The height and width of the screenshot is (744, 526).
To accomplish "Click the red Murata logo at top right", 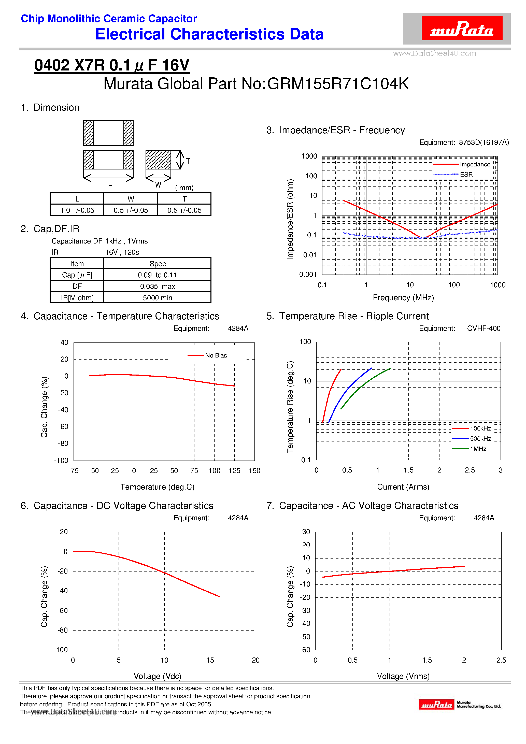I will coord(462,28).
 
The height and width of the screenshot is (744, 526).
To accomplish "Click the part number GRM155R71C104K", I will coord(338,84).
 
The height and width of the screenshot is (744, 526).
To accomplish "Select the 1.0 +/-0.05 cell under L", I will coord(77,210).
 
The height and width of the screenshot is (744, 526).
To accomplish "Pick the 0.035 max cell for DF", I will coord(158,287).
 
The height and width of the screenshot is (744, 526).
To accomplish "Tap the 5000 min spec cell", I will coord(158,298).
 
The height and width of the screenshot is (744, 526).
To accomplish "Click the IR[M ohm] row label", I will coord(77,298).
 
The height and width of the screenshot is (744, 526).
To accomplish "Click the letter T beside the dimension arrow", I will coord(188,161).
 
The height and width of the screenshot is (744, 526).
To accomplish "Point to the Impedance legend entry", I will coord(475,165).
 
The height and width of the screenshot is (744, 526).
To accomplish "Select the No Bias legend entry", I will coord(216,355).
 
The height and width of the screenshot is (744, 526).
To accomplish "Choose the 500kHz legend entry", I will coord(480,439).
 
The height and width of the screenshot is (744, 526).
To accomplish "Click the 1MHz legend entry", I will coord(478,449).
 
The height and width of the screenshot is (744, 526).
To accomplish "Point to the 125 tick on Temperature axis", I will coord(234,471).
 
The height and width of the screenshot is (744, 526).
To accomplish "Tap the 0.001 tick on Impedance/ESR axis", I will coord(308,275).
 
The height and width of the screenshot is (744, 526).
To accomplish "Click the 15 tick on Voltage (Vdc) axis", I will coord(210,660).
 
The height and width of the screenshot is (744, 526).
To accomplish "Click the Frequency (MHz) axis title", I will coord(403,298).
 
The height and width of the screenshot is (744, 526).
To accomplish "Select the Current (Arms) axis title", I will coord(403,487).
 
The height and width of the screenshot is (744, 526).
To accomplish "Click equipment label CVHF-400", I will coord(484,328).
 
